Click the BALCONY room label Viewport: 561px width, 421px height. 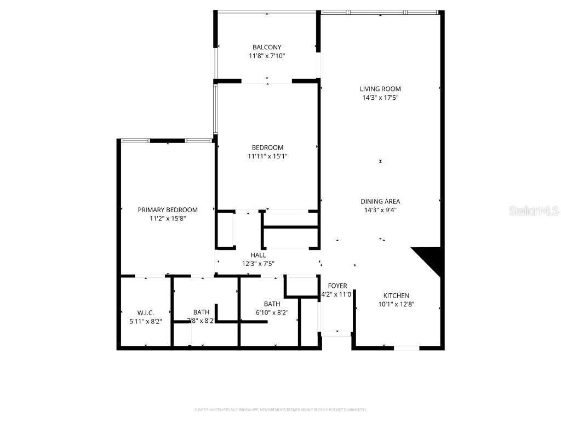267,47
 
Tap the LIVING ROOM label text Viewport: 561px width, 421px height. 380,89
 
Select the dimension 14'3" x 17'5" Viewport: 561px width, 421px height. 380,98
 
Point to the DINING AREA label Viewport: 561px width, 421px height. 380,201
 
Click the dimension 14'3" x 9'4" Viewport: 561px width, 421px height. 380,210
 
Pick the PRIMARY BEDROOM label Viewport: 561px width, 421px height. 168,209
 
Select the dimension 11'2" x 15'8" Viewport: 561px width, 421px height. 168,218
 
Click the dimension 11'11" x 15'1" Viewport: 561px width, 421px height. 267,156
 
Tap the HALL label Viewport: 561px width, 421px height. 258,255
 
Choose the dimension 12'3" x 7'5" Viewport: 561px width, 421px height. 258,264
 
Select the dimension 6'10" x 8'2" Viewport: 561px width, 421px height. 272,312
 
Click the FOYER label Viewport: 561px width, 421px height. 337,286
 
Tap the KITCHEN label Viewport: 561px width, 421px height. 396,295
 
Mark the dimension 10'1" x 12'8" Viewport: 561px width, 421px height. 396,304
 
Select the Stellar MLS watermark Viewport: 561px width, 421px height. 534,210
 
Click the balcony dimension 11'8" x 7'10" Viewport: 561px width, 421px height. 267,56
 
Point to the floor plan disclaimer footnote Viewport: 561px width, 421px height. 280,409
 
